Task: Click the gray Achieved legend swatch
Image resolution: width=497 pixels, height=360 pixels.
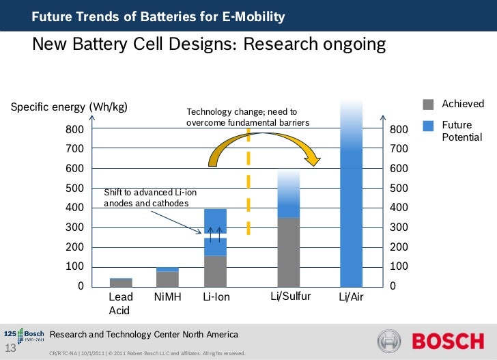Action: click(429, 104)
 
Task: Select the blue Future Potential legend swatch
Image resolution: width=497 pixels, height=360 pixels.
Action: click(429, 126)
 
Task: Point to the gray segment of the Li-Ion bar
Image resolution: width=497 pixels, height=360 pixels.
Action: click(216, 271)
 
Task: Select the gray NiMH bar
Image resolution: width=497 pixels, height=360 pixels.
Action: click(167, 279)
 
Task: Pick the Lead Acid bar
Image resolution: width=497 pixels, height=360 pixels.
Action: click(121, 282)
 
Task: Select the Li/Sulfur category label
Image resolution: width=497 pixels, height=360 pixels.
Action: click(291, 296)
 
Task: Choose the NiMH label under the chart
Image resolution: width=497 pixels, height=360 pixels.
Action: click(168, 297)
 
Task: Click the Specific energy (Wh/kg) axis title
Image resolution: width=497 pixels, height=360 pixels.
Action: click(68, 107)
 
